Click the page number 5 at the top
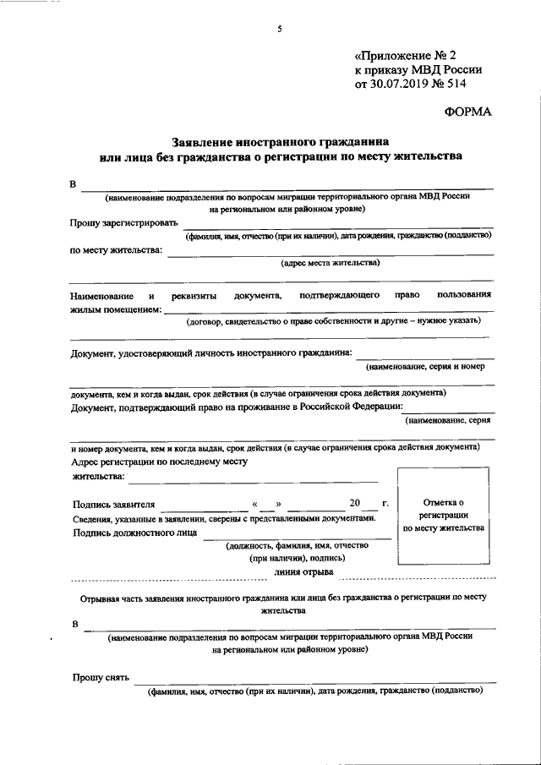tap(277, 30)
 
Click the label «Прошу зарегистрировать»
tap(124, 223)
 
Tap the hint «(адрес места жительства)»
tap(331, 262)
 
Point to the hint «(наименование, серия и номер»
tap(424, 367)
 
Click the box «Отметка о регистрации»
tap(443, 515)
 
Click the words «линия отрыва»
tap(303, 572)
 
